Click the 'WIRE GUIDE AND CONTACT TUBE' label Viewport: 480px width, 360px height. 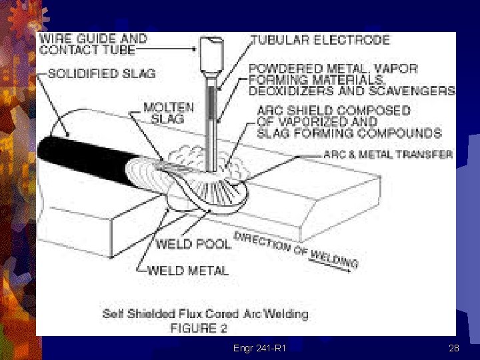click(93, 44)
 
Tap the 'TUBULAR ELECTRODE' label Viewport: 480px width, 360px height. click(320, 40)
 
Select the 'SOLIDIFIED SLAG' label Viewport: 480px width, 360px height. click(97, 73)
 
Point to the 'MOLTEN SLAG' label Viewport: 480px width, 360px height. click(169, 112)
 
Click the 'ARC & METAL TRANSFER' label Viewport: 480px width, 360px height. click(388, 154)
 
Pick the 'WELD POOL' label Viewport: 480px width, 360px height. click(193, 243)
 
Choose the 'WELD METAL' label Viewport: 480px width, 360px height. click(187, 270)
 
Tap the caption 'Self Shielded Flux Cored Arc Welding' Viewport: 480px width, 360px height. click(205, 313)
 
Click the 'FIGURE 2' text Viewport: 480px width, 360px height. click(199, 327)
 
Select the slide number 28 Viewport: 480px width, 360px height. click(454, 348)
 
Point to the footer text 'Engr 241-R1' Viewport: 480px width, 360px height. click(259, 348)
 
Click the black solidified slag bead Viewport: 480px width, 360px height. click(80, 160)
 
